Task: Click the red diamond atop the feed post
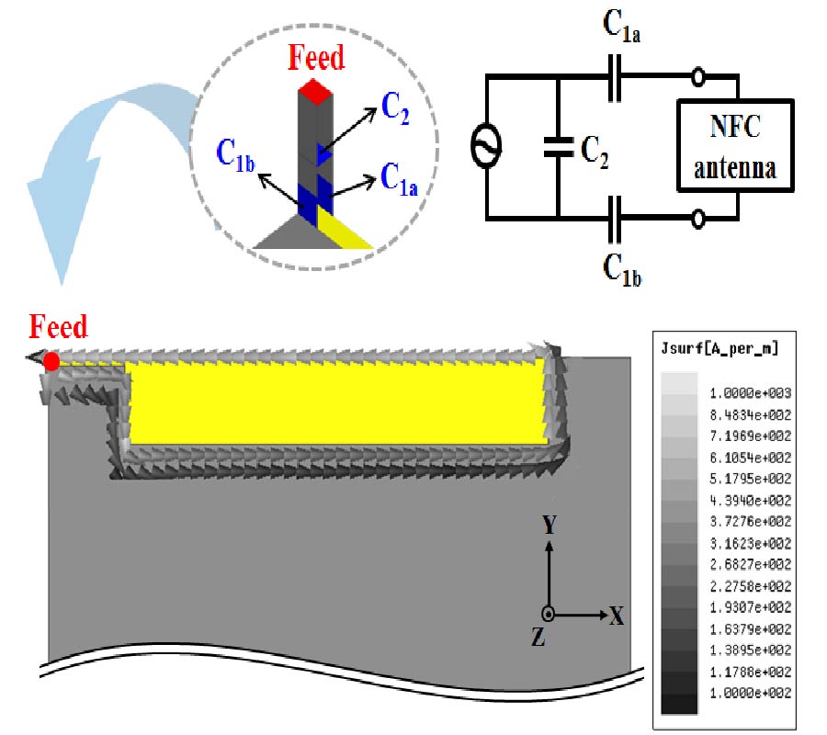pyautogui.click(x=315, y=91)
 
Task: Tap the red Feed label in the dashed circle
pyautogui.click(x=316, y=58)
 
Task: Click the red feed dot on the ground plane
pyautogui.click(x=51, y=361)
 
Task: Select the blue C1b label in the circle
pyautogui.click(x=236, y=153)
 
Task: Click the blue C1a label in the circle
pyautogui.click(x=400, y=181)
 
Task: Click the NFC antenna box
pyautogui.click(x=735, y=146)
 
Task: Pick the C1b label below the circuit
pyautogui.click(x=622, y=267)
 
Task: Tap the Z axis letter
pyautogui.click(x=539, y=638)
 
